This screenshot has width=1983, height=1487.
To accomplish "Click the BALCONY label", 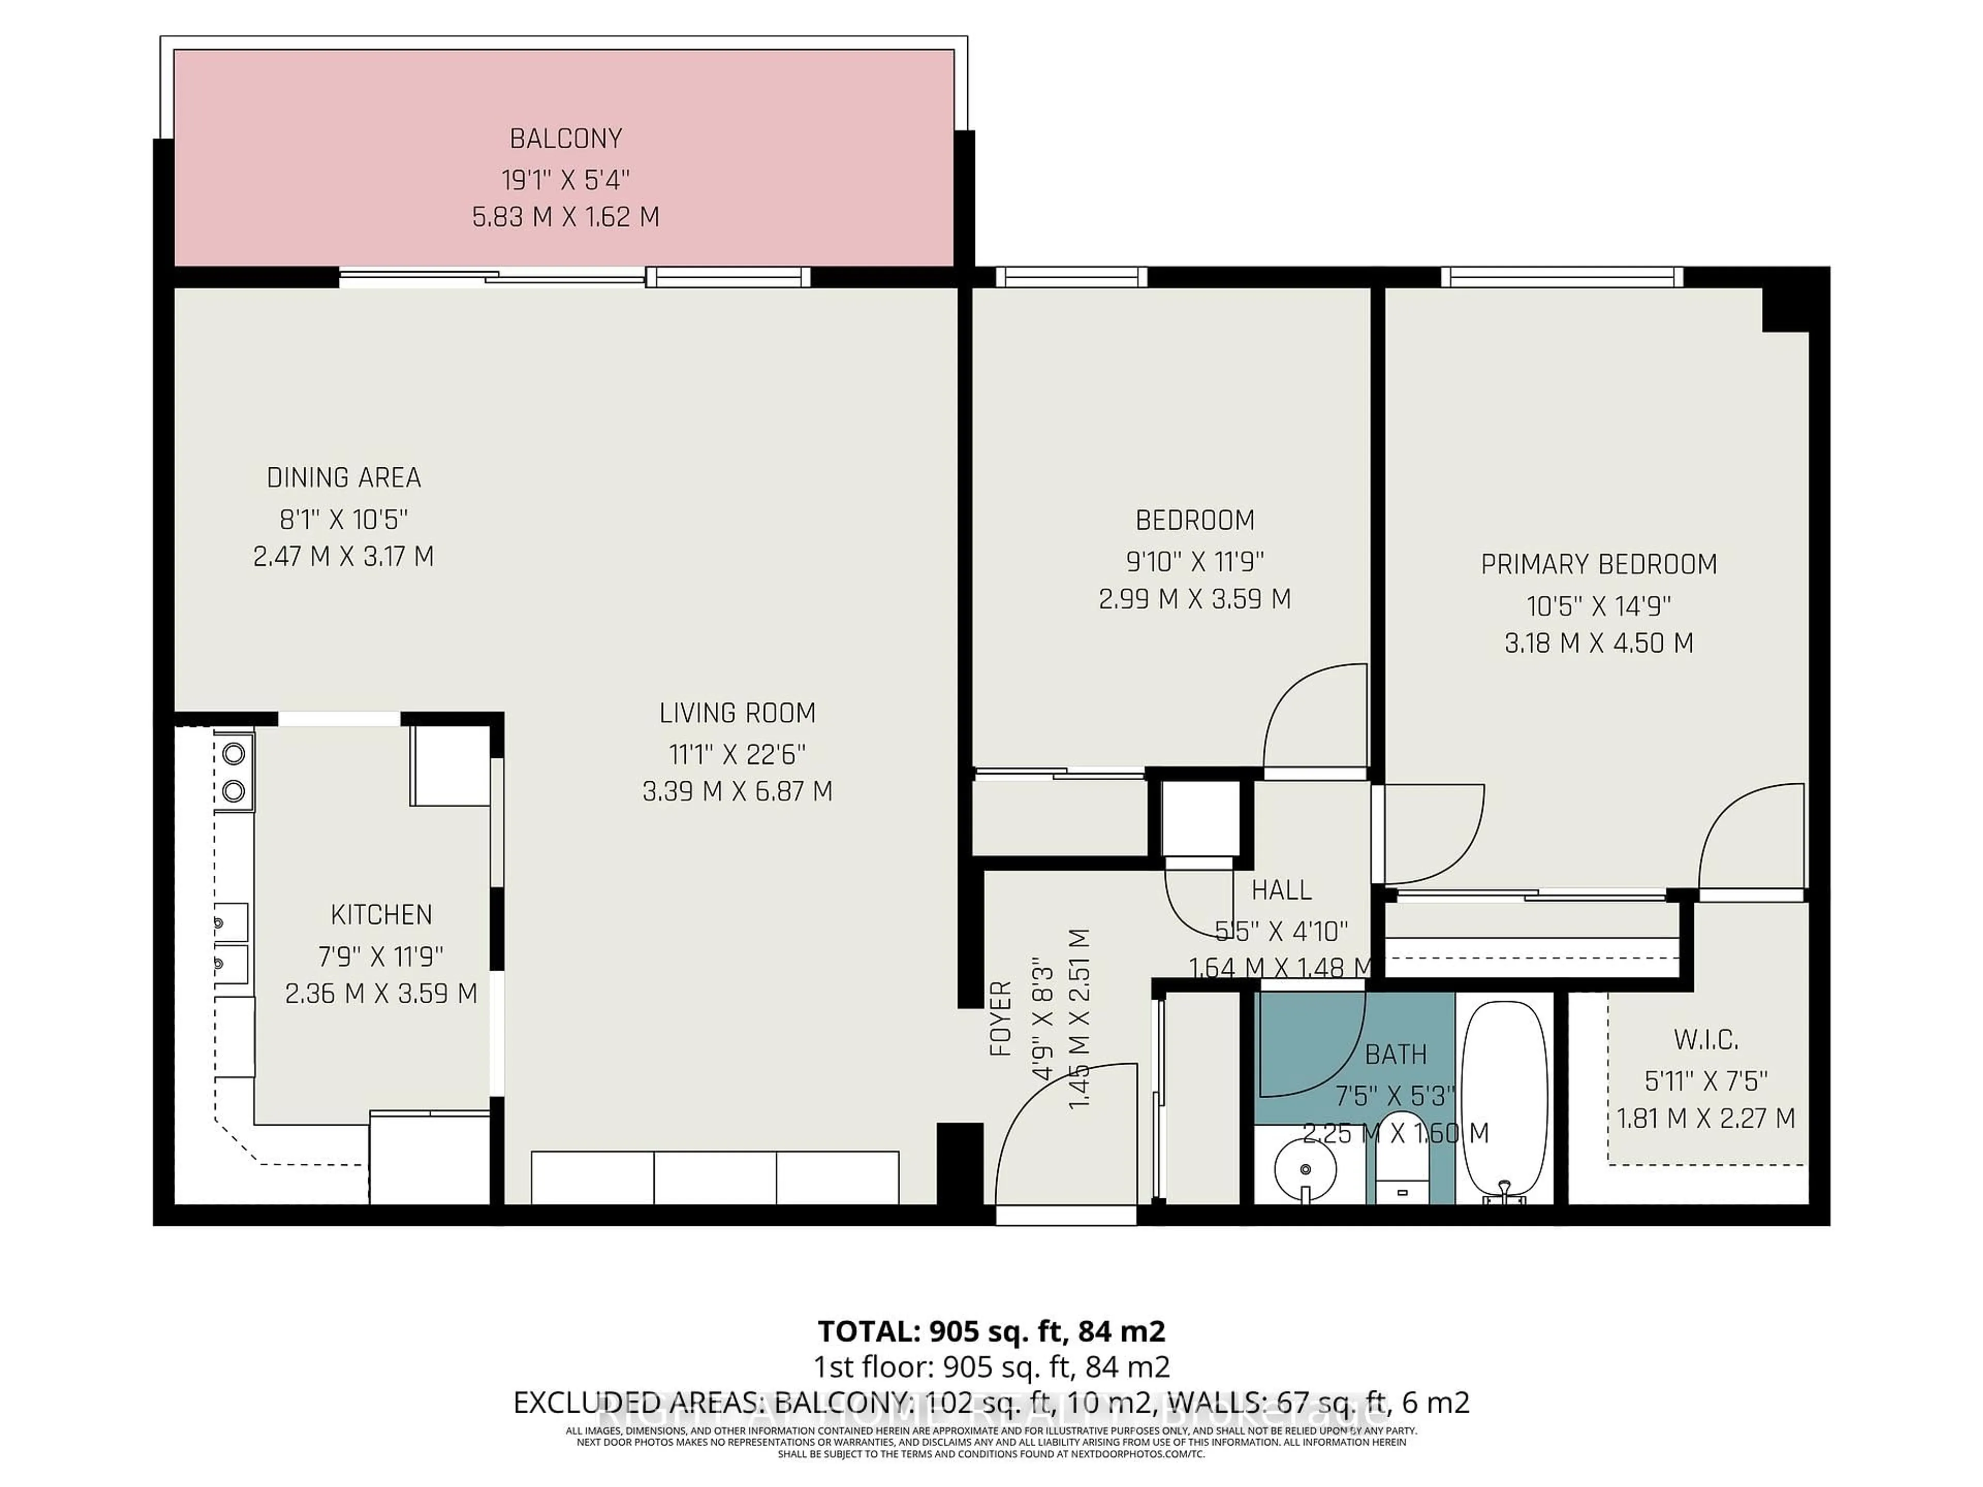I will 565,139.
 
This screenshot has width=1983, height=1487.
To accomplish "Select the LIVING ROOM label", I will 737,714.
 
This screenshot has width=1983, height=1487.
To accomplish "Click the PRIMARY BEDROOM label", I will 1598,565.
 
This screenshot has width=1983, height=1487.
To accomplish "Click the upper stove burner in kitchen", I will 234,754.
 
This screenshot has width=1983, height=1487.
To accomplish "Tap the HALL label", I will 1281,890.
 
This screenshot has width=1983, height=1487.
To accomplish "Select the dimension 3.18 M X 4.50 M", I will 1598,643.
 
